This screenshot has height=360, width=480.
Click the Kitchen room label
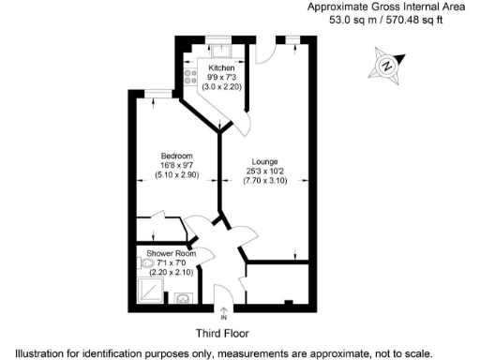pos(222,68)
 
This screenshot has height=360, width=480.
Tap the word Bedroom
pos(176,156)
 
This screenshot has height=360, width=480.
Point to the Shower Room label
pos(172,254)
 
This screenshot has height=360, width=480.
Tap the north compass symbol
pos(386,66)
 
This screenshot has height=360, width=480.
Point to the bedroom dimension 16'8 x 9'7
pos(176,165)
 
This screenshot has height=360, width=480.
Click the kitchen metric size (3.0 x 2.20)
pos(222,87)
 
